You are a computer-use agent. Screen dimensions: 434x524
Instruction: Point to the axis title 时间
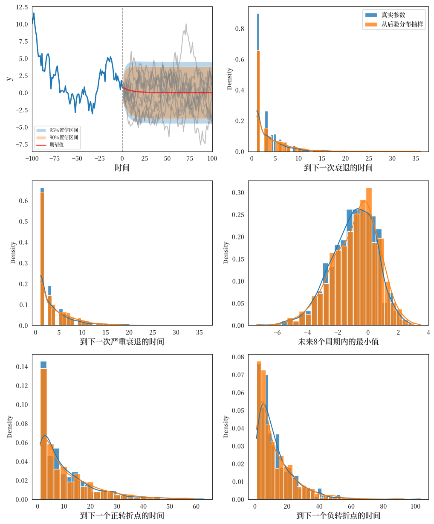point(122,167)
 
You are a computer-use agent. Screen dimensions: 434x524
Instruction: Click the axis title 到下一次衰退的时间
point(338,167)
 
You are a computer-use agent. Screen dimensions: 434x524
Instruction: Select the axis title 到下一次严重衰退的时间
point(122,341)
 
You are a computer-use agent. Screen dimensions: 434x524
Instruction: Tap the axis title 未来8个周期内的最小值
point(338,341)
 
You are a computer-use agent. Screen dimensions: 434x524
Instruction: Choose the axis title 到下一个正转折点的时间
point(122,515)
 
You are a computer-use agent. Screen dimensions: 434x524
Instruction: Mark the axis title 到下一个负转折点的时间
point(338,515)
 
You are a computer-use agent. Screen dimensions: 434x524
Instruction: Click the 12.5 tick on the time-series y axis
point(22,7)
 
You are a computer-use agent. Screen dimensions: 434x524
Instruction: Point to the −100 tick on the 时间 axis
point(32,158)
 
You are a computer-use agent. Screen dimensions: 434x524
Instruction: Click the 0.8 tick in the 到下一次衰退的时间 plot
point(240,29)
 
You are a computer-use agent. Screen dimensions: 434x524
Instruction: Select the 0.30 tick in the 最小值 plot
point(238,192)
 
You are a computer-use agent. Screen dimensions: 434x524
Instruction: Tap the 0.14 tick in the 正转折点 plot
point(22,367)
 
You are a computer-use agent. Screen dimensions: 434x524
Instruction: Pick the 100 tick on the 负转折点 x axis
point(415,506)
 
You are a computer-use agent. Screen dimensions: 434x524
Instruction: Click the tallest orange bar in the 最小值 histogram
point(369,256)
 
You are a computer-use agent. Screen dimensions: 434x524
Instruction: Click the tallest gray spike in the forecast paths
point(186,24)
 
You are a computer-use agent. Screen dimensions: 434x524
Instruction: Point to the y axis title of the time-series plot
point(9,79)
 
